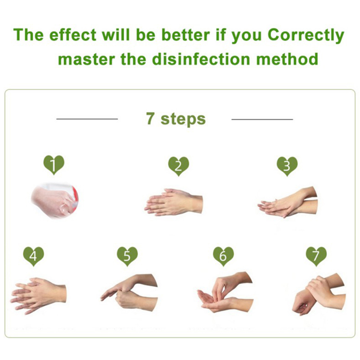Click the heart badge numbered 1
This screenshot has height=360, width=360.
54,165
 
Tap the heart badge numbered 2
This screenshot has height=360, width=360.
178,166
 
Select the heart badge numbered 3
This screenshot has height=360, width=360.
287,166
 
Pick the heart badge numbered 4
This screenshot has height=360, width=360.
33,256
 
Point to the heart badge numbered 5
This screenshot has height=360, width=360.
127,256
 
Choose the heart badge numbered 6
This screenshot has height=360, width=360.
223,256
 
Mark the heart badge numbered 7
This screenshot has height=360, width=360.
316,256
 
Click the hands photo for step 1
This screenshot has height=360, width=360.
54,200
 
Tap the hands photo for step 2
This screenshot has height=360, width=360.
174,202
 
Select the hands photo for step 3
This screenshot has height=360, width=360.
288,202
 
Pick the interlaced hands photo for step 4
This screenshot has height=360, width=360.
38,296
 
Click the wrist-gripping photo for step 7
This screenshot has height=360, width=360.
319,294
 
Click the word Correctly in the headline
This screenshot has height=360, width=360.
306,36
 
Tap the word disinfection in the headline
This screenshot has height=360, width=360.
201,59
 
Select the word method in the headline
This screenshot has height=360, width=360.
287,59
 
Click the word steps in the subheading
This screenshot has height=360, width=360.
183,119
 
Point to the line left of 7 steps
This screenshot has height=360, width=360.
87,119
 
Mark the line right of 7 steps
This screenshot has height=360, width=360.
262,119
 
